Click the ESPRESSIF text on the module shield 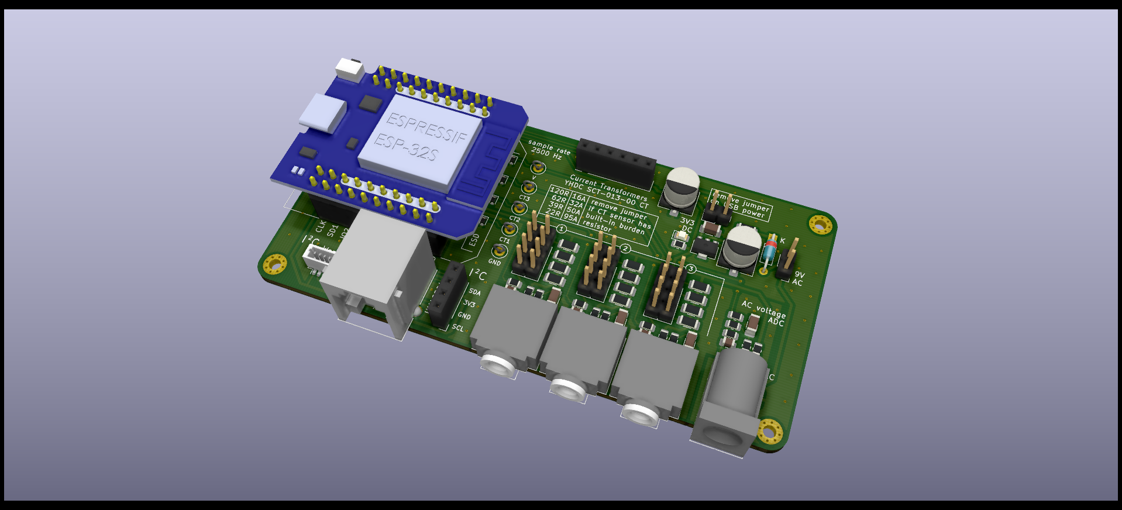[427, 127]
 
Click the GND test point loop [499, 251]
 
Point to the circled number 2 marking [625, 249]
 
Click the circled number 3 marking [691, 268]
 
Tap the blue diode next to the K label [770, 250]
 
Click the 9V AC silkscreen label [799, 278]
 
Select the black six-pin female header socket [615, 163]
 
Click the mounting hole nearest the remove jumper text [820, 224]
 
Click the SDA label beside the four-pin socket [474, 292]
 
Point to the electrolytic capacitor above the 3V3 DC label [682, 186]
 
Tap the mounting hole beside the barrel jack [770, 431]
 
